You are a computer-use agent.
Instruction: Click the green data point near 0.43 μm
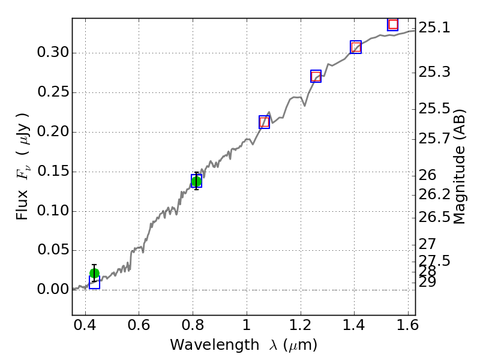tap(94, 273)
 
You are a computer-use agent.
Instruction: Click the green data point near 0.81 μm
tap(196, 181)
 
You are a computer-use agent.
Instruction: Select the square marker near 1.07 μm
tap(265, 122)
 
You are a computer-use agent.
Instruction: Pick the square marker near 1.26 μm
tap(316, 76)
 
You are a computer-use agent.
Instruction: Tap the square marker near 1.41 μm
tap(356, 47)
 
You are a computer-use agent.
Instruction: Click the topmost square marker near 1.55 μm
tap(393, 25)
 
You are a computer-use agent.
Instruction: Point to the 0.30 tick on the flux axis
tap(52, 53)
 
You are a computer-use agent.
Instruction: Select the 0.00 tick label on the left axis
tap(52, 290)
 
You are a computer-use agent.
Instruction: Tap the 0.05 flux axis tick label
tap(52, 250)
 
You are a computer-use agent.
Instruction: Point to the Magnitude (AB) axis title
tap(460, 167)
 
